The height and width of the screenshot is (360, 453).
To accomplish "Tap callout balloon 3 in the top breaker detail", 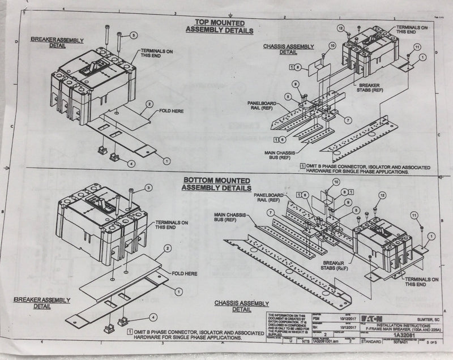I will tap(133, 35).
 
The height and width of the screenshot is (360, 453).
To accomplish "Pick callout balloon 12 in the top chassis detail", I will tap(341, 28).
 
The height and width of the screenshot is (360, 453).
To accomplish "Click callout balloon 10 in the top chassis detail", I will tap(332, 45).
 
